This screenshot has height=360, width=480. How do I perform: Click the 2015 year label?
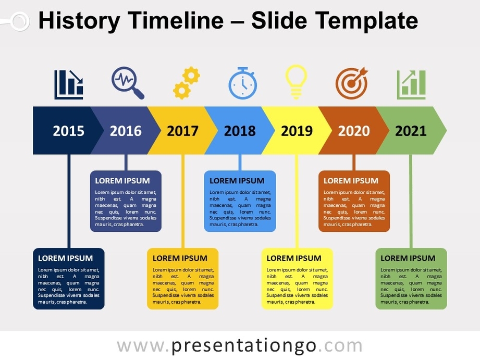pyautogui.click(x=68, y=131)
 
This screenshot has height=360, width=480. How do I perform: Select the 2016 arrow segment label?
pyautogui.click(x=126, y=131)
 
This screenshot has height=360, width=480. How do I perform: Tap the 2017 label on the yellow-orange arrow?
pyautogui.click(x=182, y=131)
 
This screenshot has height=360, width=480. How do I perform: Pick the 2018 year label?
pyautogui.click(x=240, y=131)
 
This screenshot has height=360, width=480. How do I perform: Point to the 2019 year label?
pyautogui.click(x=297, y=131)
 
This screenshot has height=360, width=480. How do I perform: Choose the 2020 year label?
pyautogui.click(x=354, y=131)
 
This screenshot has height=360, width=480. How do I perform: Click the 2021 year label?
pyautogui.click(x=411, y=131)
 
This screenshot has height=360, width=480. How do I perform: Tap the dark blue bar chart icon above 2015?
pyautogui.click(x=69, y=84)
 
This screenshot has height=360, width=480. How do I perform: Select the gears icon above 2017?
pyautogui.click(x=186, y=83)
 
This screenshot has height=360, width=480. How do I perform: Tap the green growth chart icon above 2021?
pyautogui.click(x=411, y=84)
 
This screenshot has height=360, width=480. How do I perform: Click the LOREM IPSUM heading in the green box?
pyautogui.click(x=408, y=258)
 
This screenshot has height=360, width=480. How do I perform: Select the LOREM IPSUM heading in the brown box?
pyautogui.click(x=351, y=181)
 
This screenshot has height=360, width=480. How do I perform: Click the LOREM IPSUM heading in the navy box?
pyautogui.click(x=65, y=258)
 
